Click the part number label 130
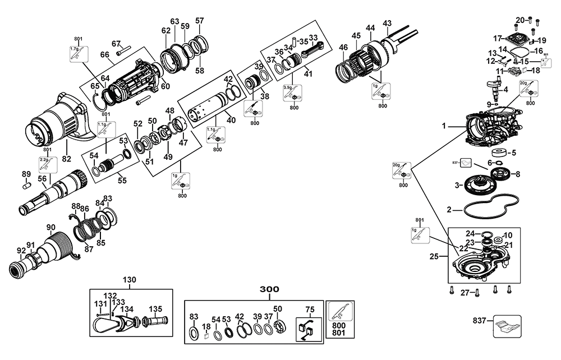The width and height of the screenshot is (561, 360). click(130, 279)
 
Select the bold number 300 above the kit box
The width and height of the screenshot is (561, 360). click(269, 289)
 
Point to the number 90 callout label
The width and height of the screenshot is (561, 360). click(50, 227)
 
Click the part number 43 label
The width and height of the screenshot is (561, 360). click(387, 23)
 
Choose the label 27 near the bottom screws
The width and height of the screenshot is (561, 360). click(465, 292)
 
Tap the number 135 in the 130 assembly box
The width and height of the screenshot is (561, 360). click(155, 308)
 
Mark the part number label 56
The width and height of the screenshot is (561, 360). click(42, 178)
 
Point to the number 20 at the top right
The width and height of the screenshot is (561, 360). click(520, 20)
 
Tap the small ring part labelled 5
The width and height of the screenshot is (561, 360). click(498, 153)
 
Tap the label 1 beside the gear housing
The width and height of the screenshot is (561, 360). click(443, 127)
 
